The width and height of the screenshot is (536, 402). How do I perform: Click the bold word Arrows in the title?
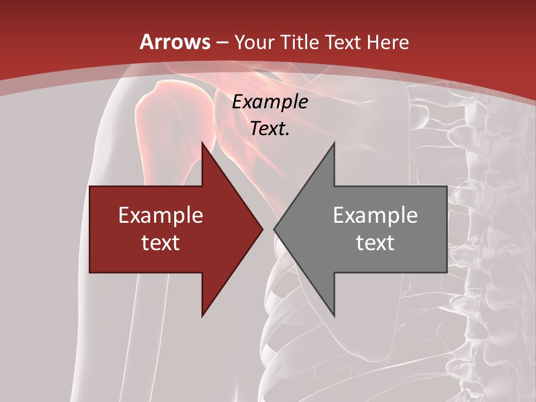pyautogui.click(x=175, y=42)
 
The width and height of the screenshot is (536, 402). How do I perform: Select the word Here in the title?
pyautogui.click(x=388, y=42)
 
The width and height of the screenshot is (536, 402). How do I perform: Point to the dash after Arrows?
pyautogui.click(x=221, y=43)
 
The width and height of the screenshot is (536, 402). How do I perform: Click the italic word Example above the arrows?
pyautogui.click(x=270, y=102)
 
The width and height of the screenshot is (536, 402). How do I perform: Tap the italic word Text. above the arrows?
pyautogui.click(x=270, y=129)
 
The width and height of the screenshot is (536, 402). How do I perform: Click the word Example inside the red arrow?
pyautogui.click(x=161, y=216)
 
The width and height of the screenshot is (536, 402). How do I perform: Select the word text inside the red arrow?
pyautogui.click(x=161, y=242)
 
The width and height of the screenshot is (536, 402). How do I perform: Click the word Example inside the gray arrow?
pyautogui.click(x=375, y=216)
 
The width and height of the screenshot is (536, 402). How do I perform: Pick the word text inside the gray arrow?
pyautogui.click(x=375, y=242)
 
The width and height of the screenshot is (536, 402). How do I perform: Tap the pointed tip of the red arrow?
pyautogui.click(x=262, y=229)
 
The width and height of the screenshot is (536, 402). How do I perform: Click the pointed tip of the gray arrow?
pyautogui.click(x=274, y=229)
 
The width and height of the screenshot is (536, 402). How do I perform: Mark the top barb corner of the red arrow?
pyautogui.click(x=202, y=143)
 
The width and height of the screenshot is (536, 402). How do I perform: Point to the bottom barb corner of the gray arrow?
pyautogui.click(x=334, y=315)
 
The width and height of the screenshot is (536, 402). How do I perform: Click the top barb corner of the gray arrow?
pyautogui.click(x=334, y=143)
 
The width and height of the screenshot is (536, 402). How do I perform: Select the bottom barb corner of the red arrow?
pyautogui.click(x=202, y=315)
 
